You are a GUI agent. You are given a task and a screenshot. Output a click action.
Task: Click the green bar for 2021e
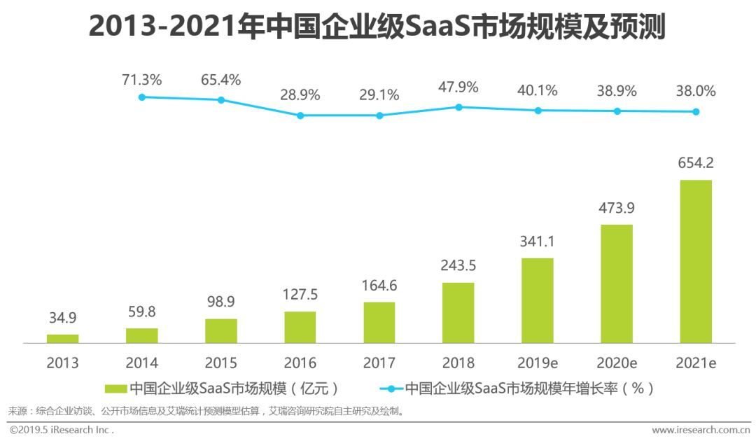click(696, 261)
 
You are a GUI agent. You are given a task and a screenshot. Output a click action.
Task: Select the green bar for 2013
click(63, 339)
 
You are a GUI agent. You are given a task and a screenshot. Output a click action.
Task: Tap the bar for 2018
click(458, 313)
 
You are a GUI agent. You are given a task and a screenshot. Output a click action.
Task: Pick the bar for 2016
click(300, 327)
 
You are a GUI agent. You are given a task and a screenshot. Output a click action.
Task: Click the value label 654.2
click(696, 163)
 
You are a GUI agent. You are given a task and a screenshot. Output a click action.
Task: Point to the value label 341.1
click(538, 241)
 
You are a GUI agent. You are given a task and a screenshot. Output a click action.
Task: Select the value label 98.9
click(221, 302)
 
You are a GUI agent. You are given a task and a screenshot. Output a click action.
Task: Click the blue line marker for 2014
click(142, 97)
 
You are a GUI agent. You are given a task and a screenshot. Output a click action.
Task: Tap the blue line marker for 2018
click(458, 107)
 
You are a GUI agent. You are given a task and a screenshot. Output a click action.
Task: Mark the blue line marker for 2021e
click(696, 112)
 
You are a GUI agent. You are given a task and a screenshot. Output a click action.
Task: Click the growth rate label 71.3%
click(142, 80)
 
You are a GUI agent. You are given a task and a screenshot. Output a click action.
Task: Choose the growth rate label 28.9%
click(300, 94)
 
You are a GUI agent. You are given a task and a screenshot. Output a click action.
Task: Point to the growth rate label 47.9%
click(458, 87)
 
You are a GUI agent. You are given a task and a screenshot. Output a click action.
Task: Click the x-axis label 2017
click(379, 363)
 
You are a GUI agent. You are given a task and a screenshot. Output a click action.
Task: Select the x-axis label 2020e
click(617, 363)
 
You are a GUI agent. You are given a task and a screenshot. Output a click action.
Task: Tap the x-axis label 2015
click(221, 363)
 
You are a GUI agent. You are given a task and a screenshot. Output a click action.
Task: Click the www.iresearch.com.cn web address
click(701, 430)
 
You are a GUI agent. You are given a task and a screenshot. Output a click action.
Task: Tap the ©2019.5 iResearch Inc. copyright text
click(62, 430)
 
